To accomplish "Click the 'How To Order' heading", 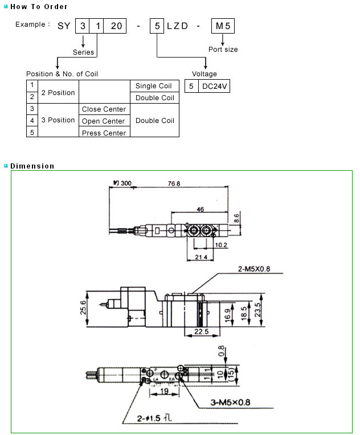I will [39, 7].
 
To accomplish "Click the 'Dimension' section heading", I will [32, 166].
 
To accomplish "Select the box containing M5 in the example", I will [223, 25].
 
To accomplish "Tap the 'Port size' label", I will [223, 50].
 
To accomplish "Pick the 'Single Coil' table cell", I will [154, 86].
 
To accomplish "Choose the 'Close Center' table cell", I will [104, 109].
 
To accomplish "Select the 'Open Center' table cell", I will [104, 121].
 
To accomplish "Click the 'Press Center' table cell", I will [104, 133].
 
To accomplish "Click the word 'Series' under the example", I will [84, 52].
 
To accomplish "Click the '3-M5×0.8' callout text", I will [228, 403].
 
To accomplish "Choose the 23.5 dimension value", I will [257, 311].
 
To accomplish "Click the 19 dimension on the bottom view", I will [163, 392].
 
